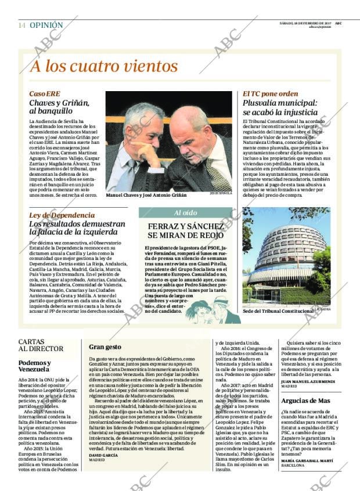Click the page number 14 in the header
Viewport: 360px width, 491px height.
[x=21, y=26]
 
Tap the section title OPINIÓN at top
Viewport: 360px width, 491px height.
[x=46, y=26]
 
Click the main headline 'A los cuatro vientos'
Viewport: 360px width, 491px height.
[x=104, y=66]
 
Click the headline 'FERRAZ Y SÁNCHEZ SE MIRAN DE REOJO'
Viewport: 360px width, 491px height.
[x=186, y=230]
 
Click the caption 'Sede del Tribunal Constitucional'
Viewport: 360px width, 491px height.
[x=278, y=311]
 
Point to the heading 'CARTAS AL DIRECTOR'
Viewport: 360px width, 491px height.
[x=41, y=345]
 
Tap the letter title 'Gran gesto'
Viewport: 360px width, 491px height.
[x=105, y=347]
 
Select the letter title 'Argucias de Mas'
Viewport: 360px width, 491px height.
[x=305, y=401]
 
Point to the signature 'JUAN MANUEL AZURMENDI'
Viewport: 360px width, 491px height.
[x=307, y=381]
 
